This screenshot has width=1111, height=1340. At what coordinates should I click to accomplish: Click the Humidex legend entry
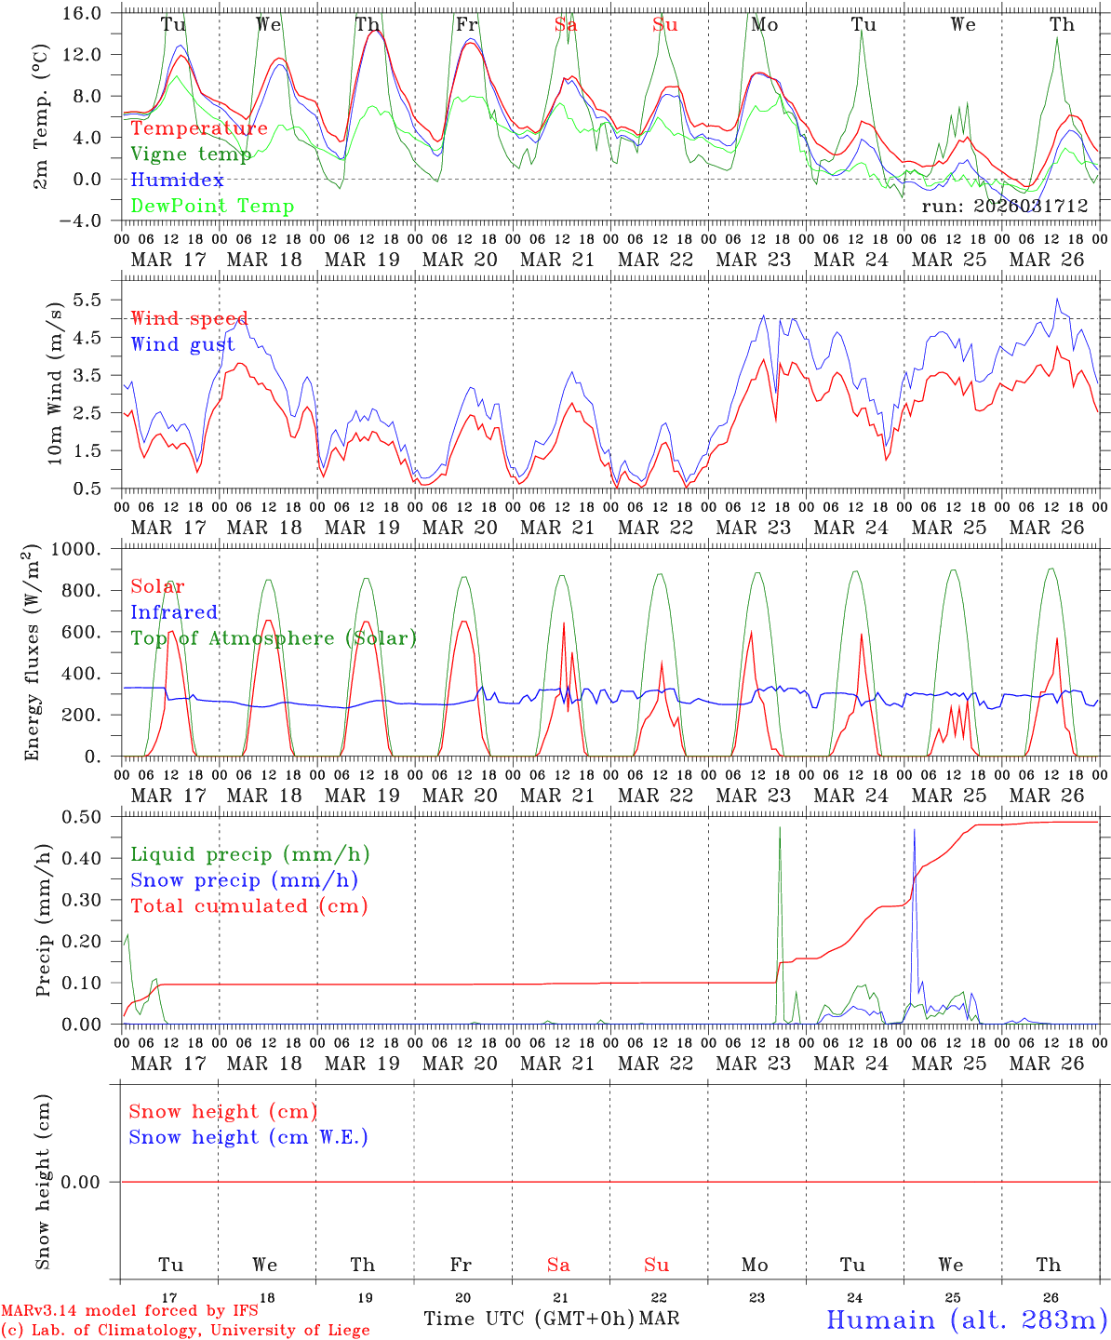pos(177,181)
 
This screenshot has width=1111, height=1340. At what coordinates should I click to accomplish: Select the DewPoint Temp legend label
pos(212,207)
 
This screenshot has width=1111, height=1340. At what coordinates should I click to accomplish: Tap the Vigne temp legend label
pos(191,154)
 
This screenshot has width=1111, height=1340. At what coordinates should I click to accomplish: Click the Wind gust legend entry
pos(182,344)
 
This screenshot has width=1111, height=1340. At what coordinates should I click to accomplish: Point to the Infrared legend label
pos(174,612)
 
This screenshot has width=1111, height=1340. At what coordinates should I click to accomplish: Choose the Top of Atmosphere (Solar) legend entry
pos(274,638)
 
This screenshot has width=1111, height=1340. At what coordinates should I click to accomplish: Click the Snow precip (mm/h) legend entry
pos(244,880)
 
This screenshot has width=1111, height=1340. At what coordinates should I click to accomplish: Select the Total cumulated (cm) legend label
pos(248,906)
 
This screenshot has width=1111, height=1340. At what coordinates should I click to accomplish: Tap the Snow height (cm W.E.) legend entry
pos(248,1137)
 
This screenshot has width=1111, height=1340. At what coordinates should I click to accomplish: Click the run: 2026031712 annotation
pos(1004,207)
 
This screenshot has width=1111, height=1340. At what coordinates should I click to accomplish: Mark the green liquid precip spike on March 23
pos(780,828)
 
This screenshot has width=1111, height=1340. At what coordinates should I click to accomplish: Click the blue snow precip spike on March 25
pos(915,831)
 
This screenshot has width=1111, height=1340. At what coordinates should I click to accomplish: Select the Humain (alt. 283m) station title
pos(967,1320)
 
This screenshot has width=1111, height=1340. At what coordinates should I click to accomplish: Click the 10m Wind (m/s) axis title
pos(54,382)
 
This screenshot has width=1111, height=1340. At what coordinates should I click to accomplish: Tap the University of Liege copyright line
pos(185,1331)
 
